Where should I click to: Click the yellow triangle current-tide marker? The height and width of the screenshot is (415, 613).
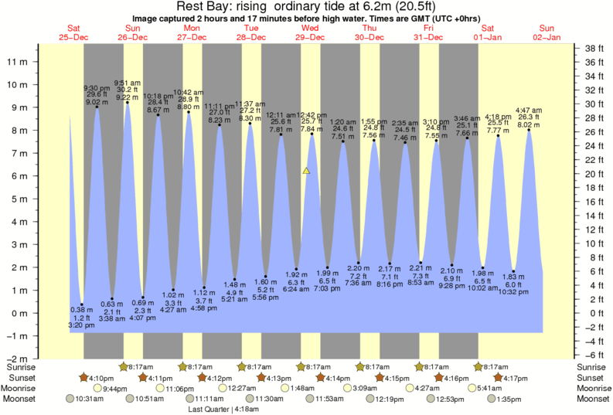(307, 170)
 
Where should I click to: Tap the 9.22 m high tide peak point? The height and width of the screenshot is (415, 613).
(128, 103)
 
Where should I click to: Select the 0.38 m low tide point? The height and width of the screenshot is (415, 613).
(82, 304)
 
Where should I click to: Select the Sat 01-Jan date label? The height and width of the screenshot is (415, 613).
(489, 32)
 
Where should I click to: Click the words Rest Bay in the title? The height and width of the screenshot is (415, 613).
(203, 7)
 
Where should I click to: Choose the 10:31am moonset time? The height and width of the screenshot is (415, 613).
(88, 399)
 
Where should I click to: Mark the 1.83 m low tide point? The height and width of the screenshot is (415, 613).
(513, 271)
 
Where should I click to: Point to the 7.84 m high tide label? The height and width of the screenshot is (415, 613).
(312, 128)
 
